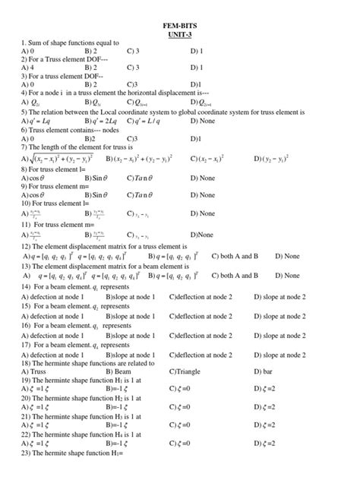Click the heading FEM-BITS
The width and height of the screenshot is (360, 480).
[x=180, y=25]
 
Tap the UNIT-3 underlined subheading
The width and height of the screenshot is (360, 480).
[x=180, y=35]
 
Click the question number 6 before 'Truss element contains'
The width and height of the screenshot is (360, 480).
[x=24, y=130]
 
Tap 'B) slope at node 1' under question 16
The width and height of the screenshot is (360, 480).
[x=131, y=333]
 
